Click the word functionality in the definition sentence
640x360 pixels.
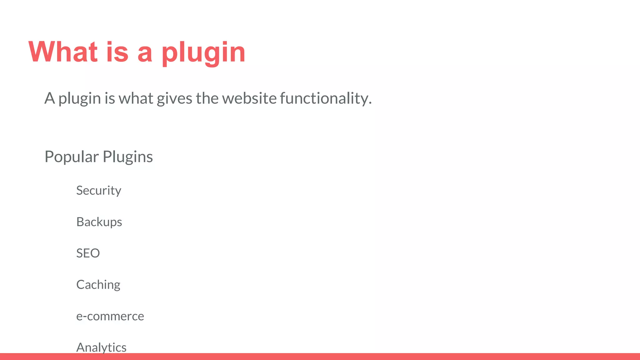tap(326, 98)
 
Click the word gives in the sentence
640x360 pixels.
tap(174, 99)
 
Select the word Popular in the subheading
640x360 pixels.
tap(72, 157)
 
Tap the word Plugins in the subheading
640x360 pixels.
tap(128, 157)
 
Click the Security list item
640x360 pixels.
tap(99, 191)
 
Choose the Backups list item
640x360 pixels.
tap(99, 222)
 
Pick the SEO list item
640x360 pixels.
tap(88, 253)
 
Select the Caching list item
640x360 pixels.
tap(98, 285)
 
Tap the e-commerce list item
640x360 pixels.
tap(110, 316)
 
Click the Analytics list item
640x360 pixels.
tap(101, 347)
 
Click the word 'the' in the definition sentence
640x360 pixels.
tap(207, 98)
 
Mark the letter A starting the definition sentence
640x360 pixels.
tap(49, 98)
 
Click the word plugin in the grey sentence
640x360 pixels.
tap(80, 99)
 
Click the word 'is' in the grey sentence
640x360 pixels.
tap(110, 98)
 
